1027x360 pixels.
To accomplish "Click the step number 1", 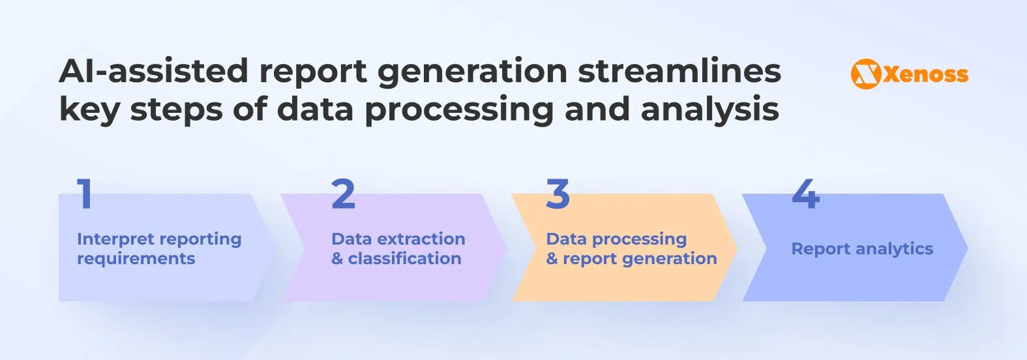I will [x=85, y=194].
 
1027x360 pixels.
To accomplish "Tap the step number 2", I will [x=343, y=194].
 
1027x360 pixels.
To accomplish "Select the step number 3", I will [x=558, y=194].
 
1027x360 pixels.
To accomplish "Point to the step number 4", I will [x=805, y=194].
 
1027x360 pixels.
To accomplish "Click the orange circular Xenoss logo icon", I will [x=865, y=74].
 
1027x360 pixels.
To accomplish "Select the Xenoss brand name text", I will [x=925, y=74].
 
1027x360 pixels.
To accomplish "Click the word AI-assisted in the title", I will [x=153, y=70].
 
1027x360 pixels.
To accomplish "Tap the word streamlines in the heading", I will [x=679, y=70].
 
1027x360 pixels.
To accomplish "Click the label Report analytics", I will [x=862, y=248].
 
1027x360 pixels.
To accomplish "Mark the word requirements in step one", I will [x=136, y=259].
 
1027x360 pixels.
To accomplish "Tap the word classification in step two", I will [x=404, y=259].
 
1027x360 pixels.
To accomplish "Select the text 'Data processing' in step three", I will [x=616, y=239].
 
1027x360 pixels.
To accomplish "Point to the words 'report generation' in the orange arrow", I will [x=640, y=259].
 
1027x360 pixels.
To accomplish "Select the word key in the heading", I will [x=89, y=109].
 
